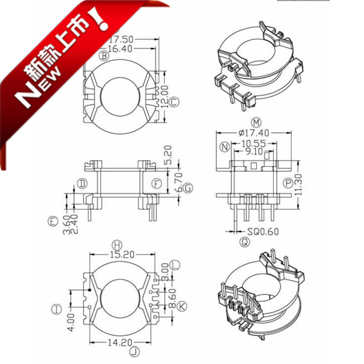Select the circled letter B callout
[x=104, y=57]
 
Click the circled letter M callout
[x=255, y=121]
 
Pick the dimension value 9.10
[x=252, y=151]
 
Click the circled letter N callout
[x=225, y=147]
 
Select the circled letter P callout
[x=287, y=183]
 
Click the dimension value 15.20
[x=120, y=254]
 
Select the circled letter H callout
[x=116, y=243]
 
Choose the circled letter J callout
[x=133, y=352]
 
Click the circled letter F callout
[x=156, y=184]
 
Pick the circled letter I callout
[x=57, y=309]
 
